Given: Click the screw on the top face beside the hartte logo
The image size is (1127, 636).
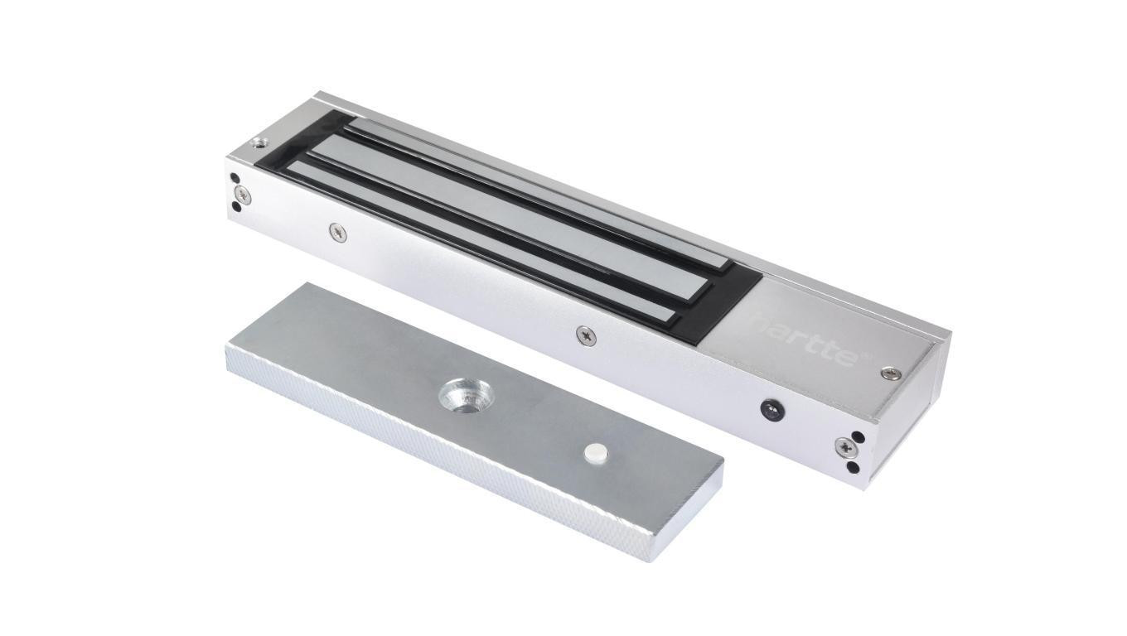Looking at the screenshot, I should tap(890, 373).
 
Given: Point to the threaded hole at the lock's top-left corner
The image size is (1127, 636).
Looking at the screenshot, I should tap(262, 142).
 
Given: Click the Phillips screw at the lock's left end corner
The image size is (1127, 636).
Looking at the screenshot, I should tap(242, 193).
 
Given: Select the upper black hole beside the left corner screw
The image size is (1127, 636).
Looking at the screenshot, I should tap(236, 177).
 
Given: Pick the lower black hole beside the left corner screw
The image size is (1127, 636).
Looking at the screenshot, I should tap(237, 207).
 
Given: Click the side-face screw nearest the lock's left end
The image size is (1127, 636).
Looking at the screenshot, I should tap(336, 233).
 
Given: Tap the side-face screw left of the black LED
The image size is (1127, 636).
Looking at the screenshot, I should tap(586, 335).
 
